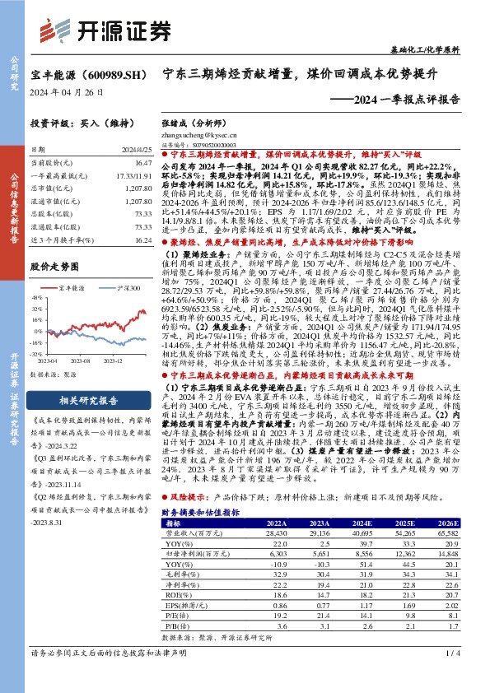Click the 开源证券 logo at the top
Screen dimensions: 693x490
click(x=111, y=30)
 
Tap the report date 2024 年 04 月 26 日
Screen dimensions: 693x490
click(x=67, y=92)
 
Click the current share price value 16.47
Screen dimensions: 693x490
click(x=142, y=165)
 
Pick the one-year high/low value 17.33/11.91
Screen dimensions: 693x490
click(x=134, y=177)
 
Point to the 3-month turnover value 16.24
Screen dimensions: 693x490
click(x=142, y=240)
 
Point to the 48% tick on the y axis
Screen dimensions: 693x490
click(x=35, y=299)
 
